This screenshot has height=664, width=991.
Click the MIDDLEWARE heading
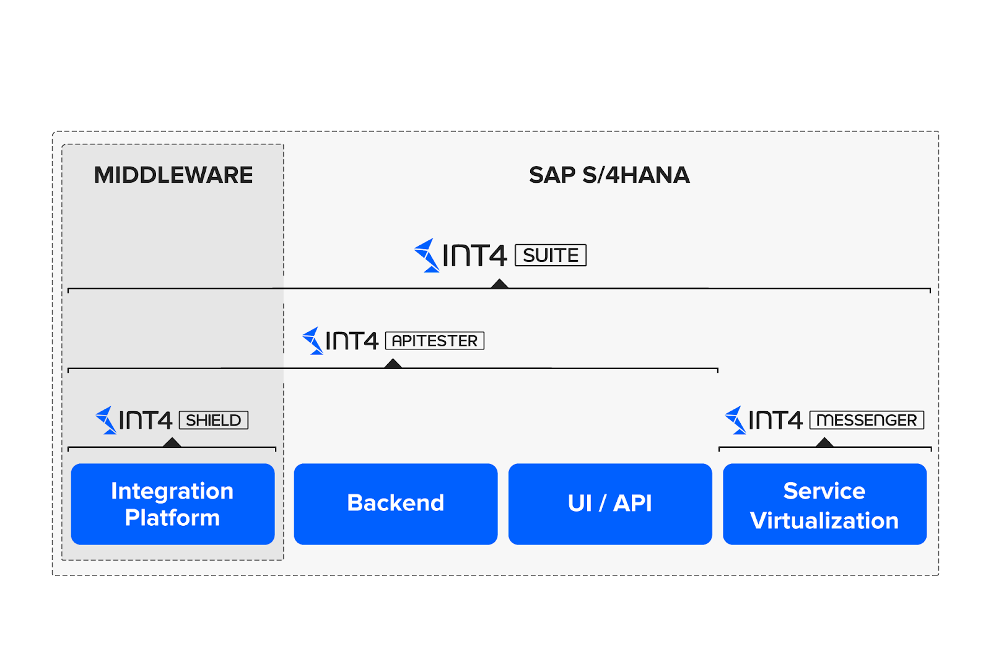[x=173, y=175]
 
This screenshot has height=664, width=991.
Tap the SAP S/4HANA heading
[x=609, y=175]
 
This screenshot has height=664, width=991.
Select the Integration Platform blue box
[x=173, y=504]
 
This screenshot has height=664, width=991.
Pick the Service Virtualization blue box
[x=824, y=504]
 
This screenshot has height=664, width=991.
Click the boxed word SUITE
[x=551, y=255]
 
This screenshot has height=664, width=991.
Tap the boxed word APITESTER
[x=435, y=341]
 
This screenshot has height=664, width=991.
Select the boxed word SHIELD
[x=214, y=420]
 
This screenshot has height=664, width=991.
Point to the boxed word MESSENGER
[x=867, y=420]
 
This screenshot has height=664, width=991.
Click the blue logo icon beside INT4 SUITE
[x=427, y=255]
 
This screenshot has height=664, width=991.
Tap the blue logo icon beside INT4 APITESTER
[x=313, y=341]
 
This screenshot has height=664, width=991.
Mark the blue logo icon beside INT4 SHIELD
[x=106, y=420]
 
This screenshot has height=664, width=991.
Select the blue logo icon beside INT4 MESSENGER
[x=735, y=420]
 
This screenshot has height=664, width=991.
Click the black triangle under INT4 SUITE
[x=499, y=284]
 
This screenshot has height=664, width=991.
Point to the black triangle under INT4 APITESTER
[x=393, y=364]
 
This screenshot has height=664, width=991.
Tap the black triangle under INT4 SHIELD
[x=172, y=442]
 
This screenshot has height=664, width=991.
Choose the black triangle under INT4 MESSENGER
[x=824, y=442]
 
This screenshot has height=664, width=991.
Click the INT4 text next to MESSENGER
[x=775, y=420]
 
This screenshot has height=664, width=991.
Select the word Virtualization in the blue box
[x=824, y=521]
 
